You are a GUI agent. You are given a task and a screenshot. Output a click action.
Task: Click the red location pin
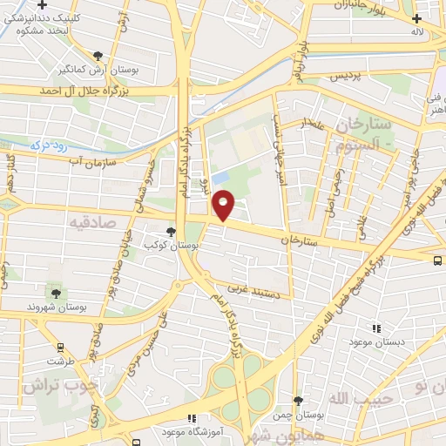[224, 206]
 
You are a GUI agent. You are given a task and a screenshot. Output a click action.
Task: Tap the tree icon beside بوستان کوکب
[170, 232]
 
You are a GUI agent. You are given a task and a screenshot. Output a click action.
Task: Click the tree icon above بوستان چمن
[299, 400]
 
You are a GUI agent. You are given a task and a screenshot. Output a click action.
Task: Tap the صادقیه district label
[92, 222]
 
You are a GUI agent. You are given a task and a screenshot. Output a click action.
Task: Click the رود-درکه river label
[49, 145]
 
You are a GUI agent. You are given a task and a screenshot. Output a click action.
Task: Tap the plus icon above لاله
[417, 16]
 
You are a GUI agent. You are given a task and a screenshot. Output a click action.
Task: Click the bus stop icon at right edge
[437, 259]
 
